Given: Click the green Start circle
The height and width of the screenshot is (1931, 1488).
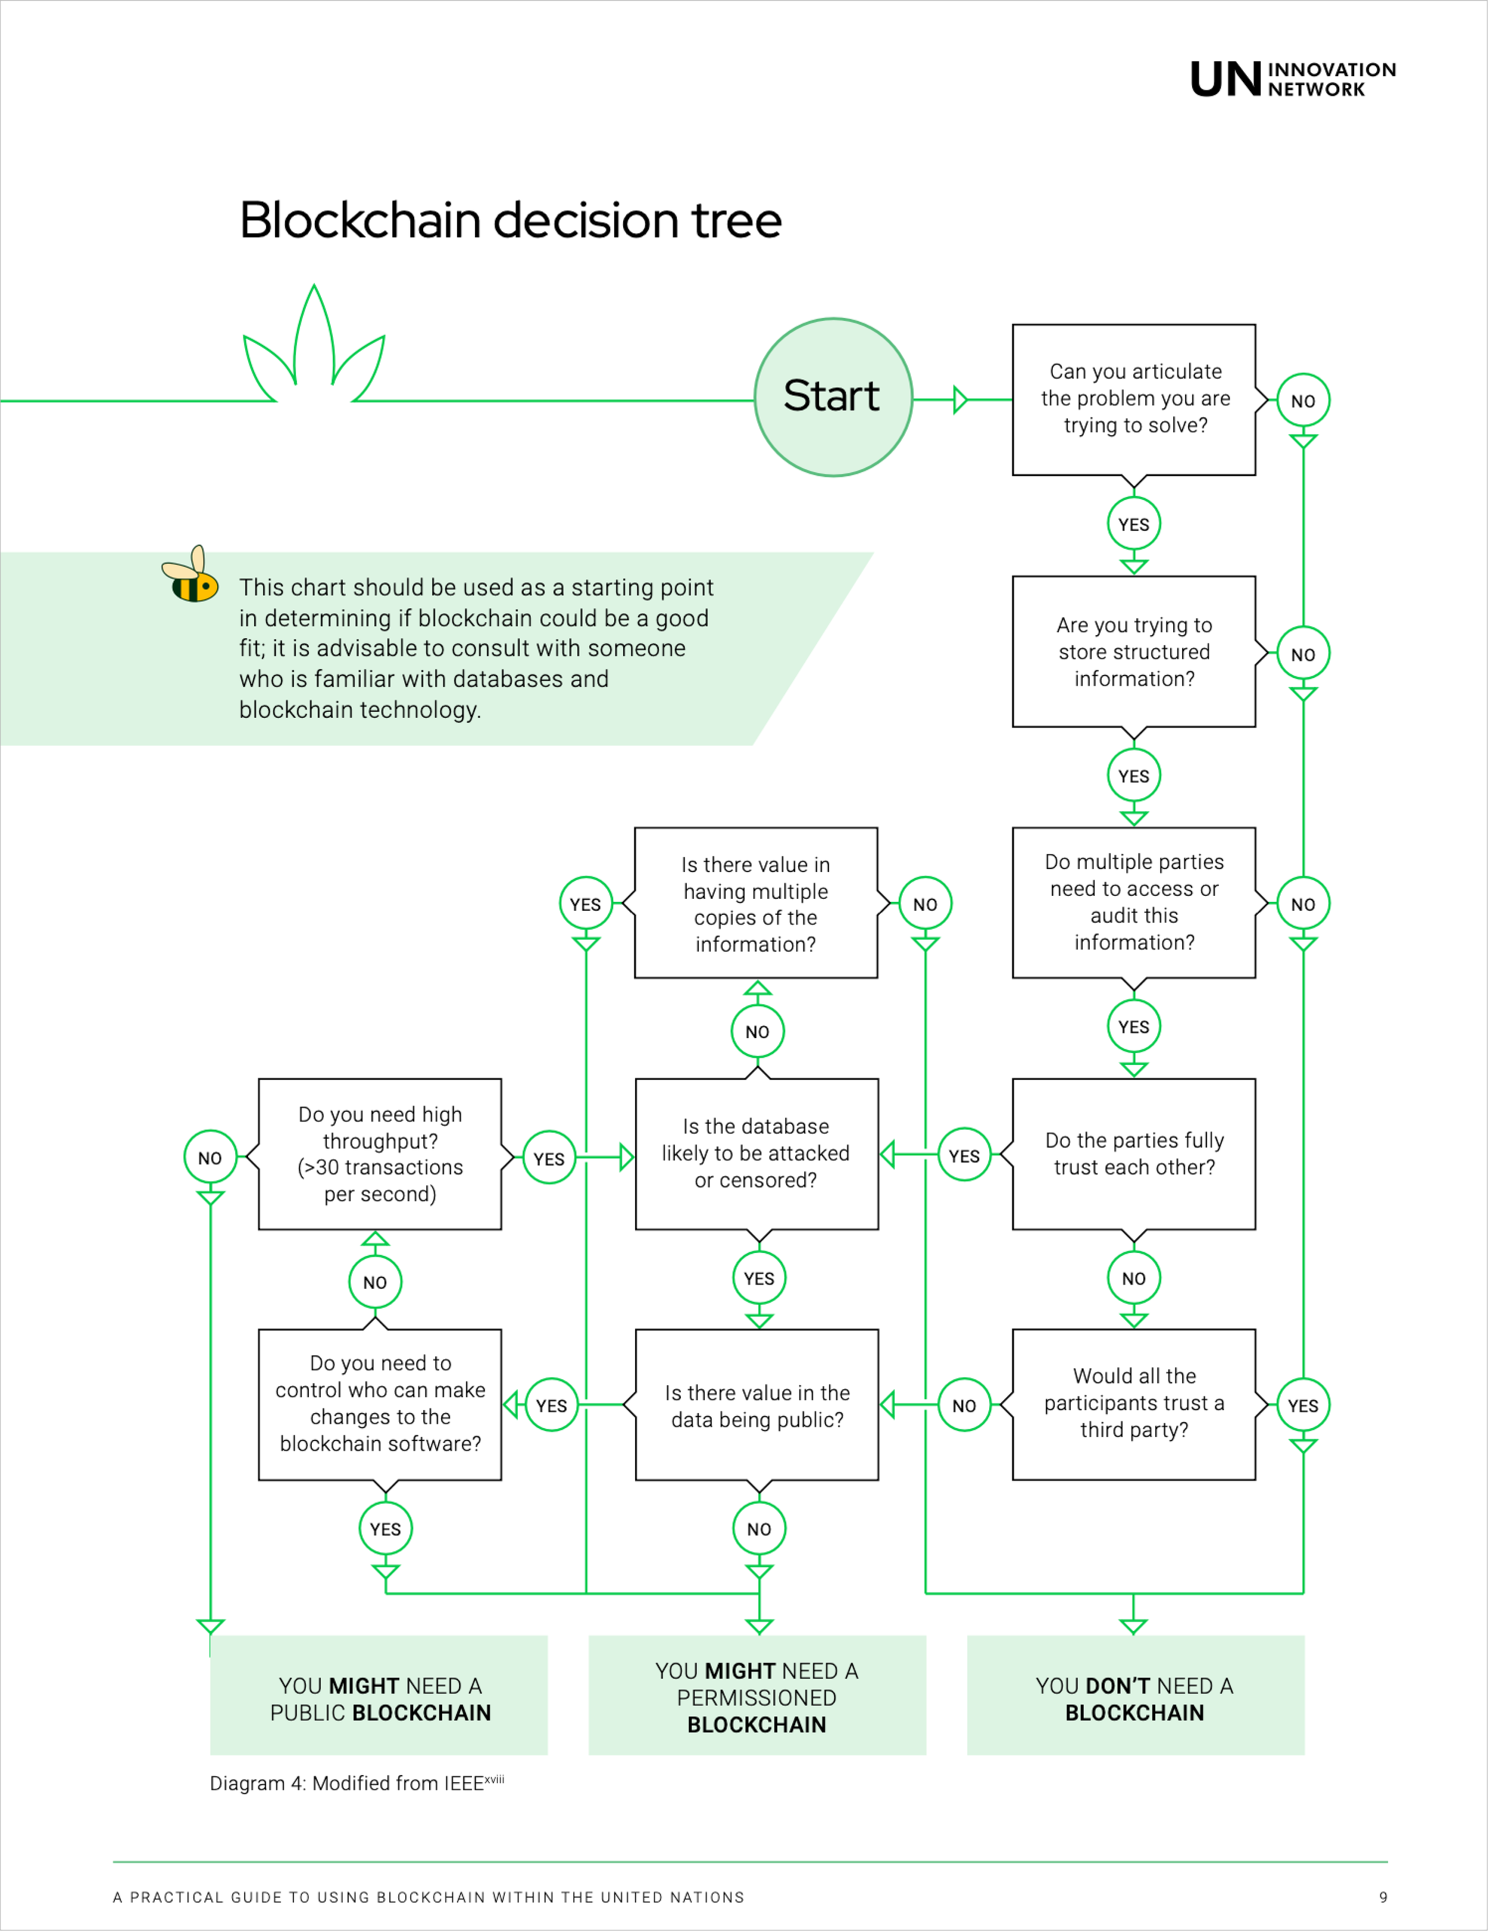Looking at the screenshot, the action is (833, 397).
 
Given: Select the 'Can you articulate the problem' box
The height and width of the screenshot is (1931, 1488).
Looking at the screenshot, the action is (1134, 399).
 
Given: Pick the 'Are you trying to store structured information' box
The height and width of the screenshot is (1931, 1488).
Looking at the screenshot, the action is (1134, 652).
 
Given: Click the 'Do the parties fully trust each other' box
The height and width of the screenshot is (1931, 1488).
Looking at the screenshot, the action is (1134, 1154).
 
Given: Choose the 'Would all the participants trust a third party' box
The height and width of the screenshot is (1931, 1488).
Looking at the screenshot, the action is (1134, 1404).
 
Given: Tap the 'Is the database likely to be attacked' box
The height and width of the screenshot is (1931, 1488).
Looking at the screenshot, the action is (757, 1154).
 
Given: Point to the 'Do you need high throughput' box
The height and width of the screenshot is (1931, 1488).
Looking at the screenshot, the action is (380, 1154).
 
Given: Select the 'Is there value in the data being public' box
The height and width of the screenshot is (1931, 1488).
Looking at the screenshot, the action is (757, 1404).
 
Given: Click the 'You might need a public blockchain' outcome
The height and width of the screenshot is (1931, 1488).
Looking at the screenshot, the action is (379, 1695).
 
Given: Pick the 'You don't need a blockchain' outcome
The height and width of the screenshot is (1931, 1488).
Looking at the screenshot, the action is (1135, 1695).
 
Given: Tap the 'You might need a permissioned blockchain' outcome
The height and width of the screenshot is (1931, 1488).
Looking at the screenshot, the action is (757, 1695).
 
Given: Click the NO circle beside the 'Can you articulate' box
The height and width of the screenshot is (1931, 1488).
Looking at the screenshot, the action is (1303, 401).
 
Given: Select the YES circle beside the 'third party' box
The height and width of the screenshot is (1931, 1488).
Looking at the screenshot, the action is (1303, 1405).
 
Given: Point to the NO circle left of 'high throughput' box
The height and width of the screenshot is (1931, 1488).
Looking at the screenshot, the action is (211, 1157).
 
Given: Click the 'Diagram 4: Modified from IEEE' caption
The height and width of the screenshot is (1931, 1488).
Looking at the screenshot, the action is (357, 1782).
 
